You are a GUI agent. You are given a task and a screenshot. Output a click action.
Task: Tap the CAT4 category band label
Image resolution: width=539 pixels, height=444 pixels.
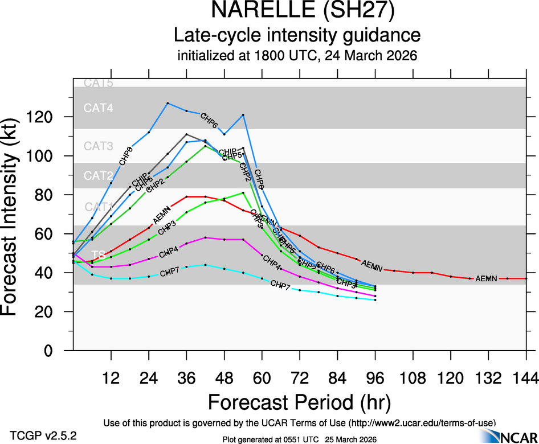(x=99, y=108)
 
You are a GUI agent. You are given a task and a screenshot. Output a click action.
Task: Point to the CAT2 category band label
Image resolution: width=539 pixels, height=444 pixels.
(x=99, y=175)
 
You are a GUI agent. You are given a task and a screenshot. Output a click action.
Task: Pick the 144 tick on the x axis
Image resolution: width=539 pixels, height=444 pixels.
(x=526, y=377)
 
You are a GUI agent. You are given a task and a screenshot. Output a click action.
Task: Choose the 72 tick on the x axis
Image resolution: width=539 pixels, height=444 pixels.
(x=299, y=377)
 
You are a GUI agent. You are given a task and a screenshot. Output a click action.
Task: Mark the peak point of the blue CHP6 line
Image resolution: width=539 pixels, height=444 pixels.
(x=168, y=103)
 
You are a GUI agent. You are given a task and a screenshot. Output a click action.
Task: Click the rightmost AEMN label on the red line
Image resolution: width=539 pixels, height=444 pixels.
(x=487, y=278)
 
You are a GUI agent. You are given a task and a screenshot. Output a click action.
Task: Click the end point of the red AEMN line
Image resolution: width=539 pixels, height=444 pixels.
(x=525, y=278)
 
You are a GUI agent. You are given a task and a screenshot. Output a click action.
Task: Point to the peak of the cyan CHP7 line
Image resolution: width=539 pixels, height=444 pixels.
(x=205, y=265)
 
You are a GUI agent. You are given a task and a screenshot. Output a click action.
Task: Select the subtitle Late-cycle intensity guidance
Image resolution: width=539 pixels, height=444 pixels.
(x=297, y=35)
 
